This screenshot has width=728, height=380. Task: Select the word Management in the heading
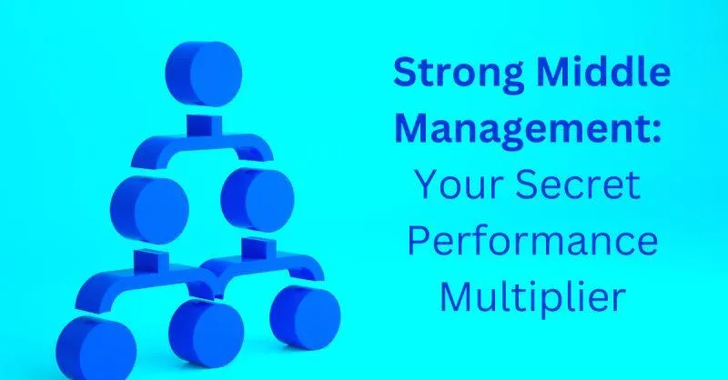pos(522,129)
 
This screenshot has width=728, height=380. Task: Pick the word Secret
pos(578,185)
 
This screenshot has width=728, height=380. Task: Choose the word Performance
pos(532,241)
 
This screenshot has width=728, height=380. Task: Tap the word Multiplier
pos(532,297)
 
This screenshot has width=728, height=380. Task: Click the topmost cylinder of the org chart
pos(204,74)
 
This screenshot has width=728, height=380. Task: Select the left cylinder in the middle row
pos(149,210)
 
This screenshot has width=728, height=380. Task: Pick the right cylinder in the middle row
pos(258,199)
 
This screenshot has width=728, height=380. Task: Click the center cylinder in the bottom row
pos(207,333)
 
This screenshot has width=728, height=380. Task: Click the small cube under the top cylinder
pos(204,125)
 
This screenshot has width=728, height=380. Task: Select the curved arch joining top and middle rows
pos(202,144)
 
